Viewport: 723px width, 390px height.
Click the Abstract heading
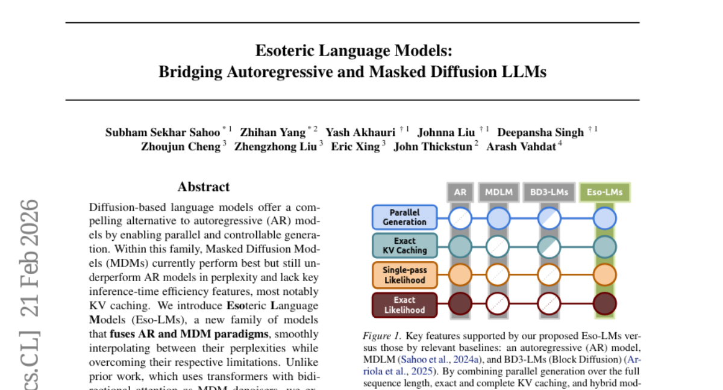click(x=204, y=187)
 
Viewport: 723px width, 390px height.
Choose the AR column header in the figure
click(x=460, y=193)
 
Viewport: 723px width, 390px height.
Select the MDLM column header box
click(x=498, y=193)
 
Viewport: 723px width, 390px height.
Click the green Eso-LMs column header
click(x=604, y=193)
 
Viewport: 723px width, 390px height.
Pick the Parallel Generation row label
click(x=404, y=217)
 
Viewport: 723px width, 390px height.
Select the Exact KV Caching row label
click(x=404, y=246)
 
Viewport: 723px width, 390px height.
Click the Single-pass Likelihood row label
click(x=404, y=275)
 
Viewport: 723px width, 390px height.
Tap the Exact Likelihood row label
click(x=404, y=305)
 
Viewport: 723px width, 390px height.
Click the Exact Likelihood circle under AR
click(x=460, y=305)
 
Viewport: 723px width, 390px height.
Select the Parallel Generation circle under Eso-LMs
click(x=604, y=217)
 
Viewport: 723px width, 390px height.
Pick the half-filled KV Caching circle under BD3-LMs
click(x=548, y=246)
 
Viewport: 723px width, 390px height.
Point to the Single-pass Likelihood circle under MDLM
click(x=498, y=275)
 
